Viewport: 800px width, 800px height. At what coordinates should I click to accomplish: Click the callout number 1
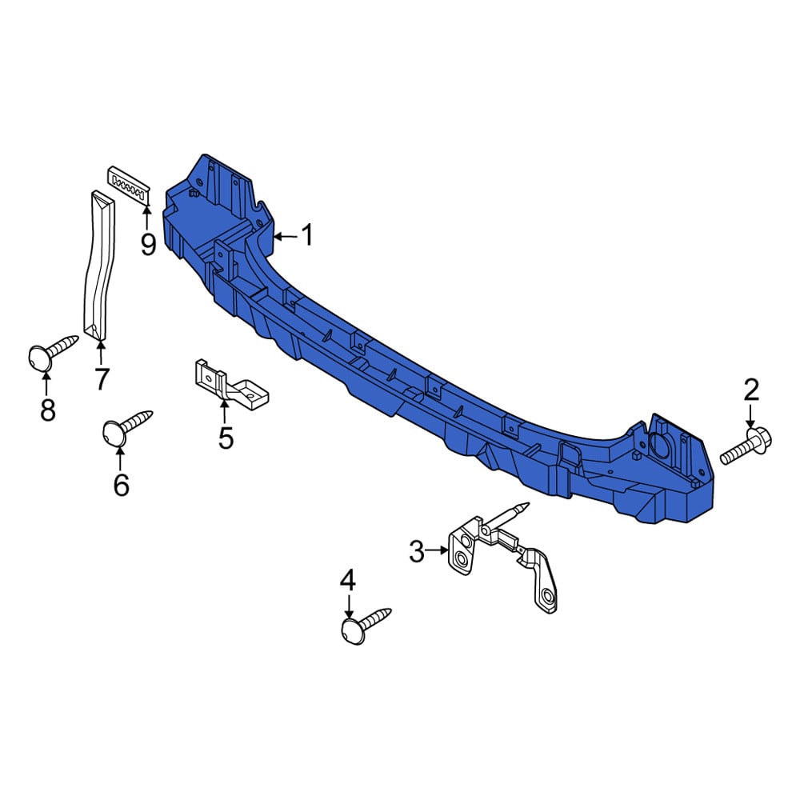click(308, 235)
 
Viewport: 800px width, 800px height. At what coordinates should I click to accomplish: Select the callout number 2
click(751, 390)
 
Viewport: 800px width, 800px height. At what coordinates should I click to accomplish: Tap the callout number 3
click(417, 551)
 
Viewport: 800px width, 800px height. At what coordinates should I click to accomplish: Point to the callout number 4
click(348, 581)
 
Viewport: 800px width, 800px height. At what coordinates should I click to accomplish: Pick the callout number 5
click(226, 438)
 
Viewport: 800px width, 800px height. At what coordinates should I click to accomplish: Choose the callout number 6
click(121, 484)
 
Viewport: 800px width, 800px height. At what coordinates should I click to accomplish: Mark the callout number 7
click(102, 378)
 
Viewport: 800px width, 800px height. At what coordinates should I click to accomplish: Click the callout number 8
click(47, 409)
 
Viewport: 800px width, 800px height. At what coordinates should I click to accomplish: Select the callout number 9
click(148, 245)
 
